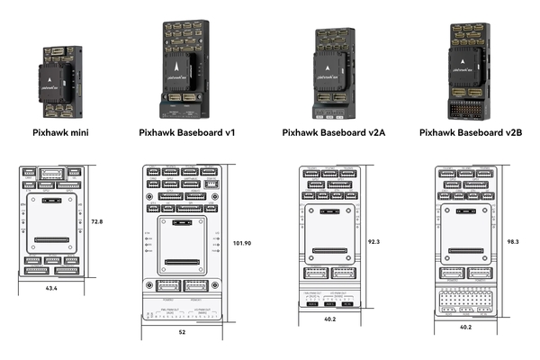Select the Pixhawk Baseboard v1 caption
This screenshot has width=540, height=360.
click(186, 133)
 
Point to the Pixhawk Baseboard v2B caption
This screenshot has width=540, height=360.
click(470, 133)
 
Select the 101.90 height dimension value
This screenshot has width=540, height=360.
click(240, 244)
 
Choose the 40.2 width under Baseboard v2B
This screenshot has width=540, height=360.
click(465, 327)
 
